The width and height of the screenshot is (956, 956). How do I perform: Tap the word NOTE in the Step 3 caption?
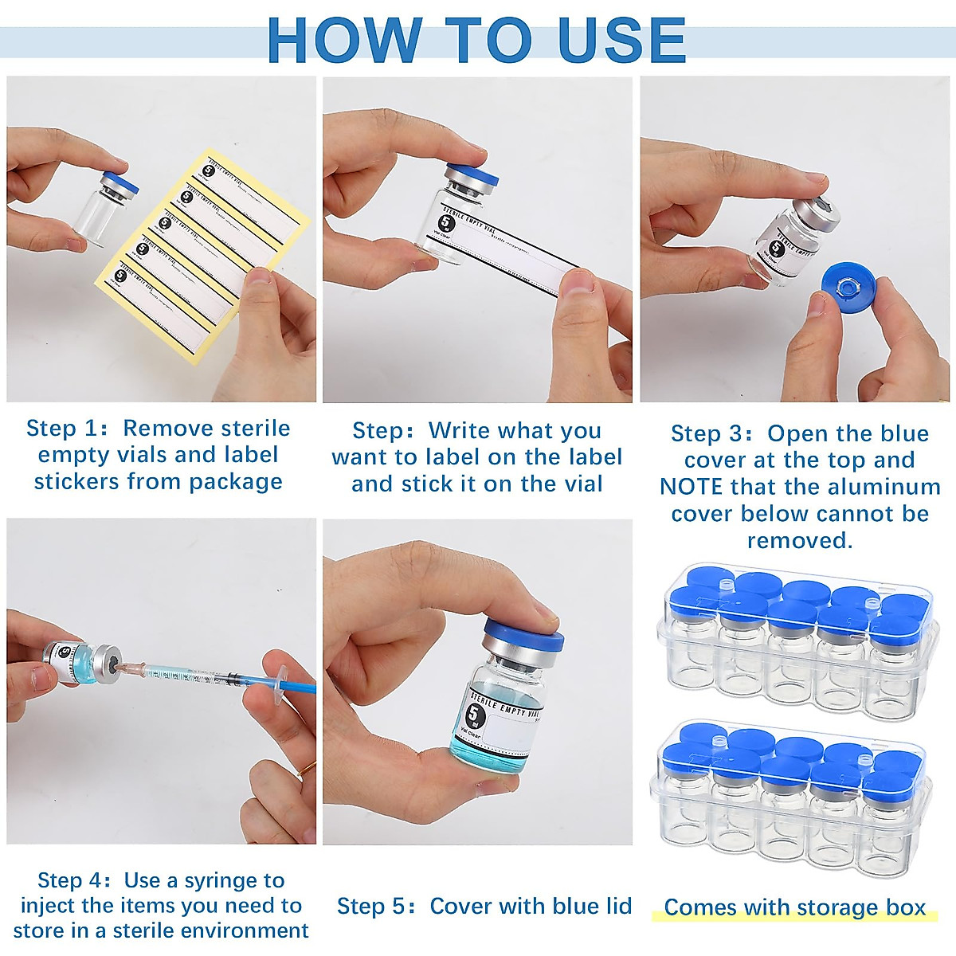coord(691,487)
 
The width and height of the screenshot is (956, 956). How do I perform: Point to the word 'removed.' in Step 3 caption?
coord(799,540)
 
